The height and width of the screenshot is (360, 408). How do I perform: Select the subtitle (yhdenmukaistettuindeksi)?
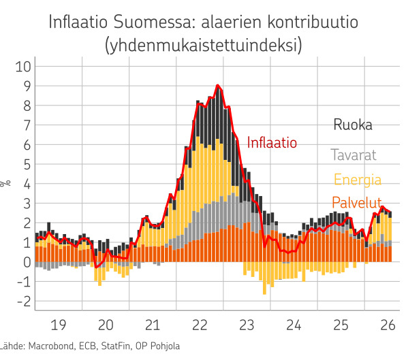tap(204, 45)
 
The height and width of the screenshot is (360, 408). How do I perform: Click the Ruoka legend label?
tap(353, 125)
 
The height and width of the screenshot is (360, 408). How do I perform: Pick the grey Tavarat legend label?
tap(354, 155)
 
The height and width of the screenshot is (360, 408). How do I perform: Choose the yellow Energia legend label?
tap(358, 180)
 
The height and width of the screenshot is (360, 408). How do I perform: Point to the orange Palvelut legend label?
tap(357, 202)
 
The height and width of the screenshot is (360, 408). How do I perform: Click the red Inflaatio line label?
tap(272, 143)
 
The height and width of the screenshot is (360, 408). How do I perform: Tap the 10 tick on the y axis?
tap(23, 67)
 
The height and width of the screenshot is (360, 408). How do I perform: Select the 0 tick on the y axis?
tap(27, 262)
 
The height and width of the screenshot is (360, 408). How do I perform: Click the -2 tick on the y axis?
tap(24, 301)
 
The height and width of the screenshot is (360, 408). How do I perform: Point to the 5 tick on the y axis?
tap(27, 165)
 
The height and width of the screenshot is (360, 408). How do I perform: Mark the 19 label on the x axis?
tap(59, 325)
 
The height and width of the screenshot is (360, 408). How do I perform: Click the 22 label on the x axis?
tap(200, 325)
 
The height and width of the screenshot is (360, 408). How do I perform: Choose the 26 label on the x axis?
tap(388, 325)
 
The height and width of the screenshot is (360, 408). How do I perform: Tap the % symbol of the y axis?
tap(5, 183)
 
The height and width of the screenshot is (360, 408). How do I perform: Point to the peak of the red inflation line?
tap(218, 85)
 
